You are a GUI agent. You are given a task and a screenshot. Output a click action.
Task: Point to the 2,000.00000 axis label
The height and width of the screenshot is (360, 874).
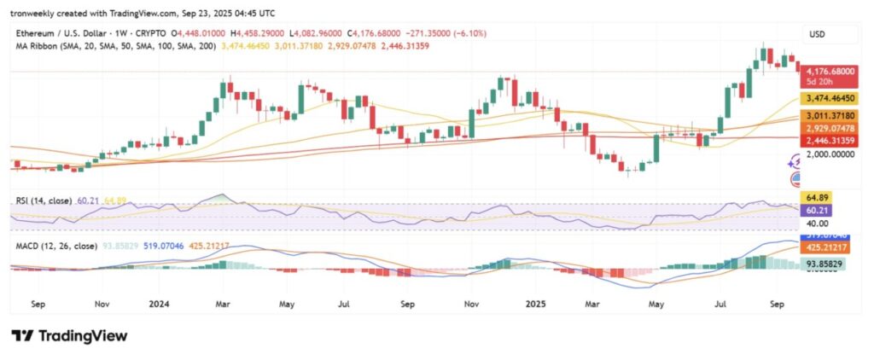pyautogui.click(x=831, y=155)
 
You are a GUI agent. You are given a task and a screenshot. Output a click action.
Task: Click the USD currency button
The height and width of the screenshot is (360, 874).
pyautogui.click(x=819, y=34)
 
